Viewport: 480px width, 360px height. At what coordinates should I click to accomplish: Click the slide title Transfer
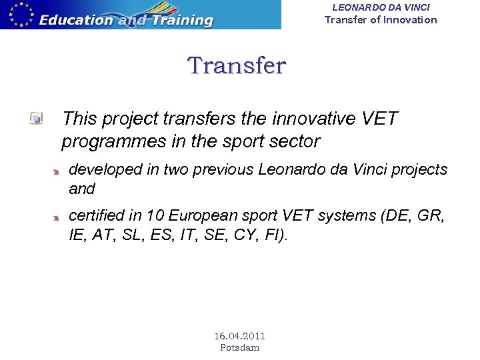[x=237, y=66]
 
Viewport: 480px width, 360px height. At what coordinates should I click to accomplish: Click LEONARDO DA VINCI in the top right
[x=381, y=7]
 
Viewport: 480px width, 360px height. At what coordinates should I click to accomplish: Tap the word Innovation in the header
[x=409, y=20]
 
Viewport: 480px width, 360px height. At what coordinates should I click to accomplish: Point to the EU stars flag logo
[x=19, y=13]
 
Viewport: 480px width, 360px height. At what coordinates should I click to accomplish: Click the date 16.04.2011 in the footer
[x=239, y=336]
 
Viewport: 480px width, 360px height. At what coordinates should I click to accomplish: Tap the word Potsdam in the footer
[x=239, y=347]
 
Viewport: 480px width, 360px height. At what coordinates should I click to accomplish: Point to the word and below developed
[x=82, y=189]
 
